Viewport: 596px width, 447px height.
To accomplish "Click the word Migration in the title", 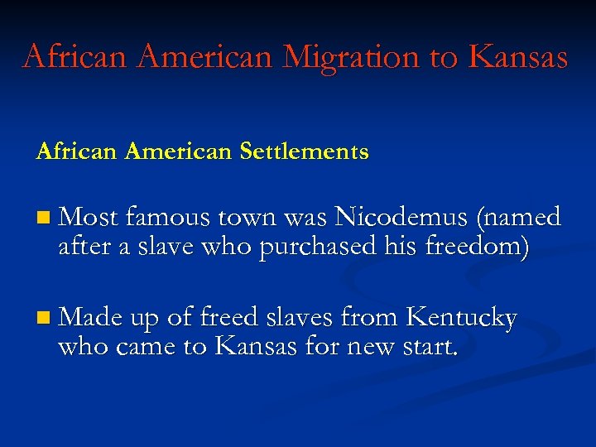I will [x=352, y=56].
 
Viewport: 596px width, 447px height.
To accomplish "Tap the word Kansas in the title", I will [x=517, y=56].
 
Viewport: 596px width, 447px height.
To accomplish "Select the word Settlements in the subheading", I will [x=304, y=151].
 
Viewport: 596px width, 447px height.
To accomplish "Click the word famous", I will [x=167, y=217].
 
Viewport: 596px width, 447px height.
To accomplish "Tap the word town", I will [x=249, y=217].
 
